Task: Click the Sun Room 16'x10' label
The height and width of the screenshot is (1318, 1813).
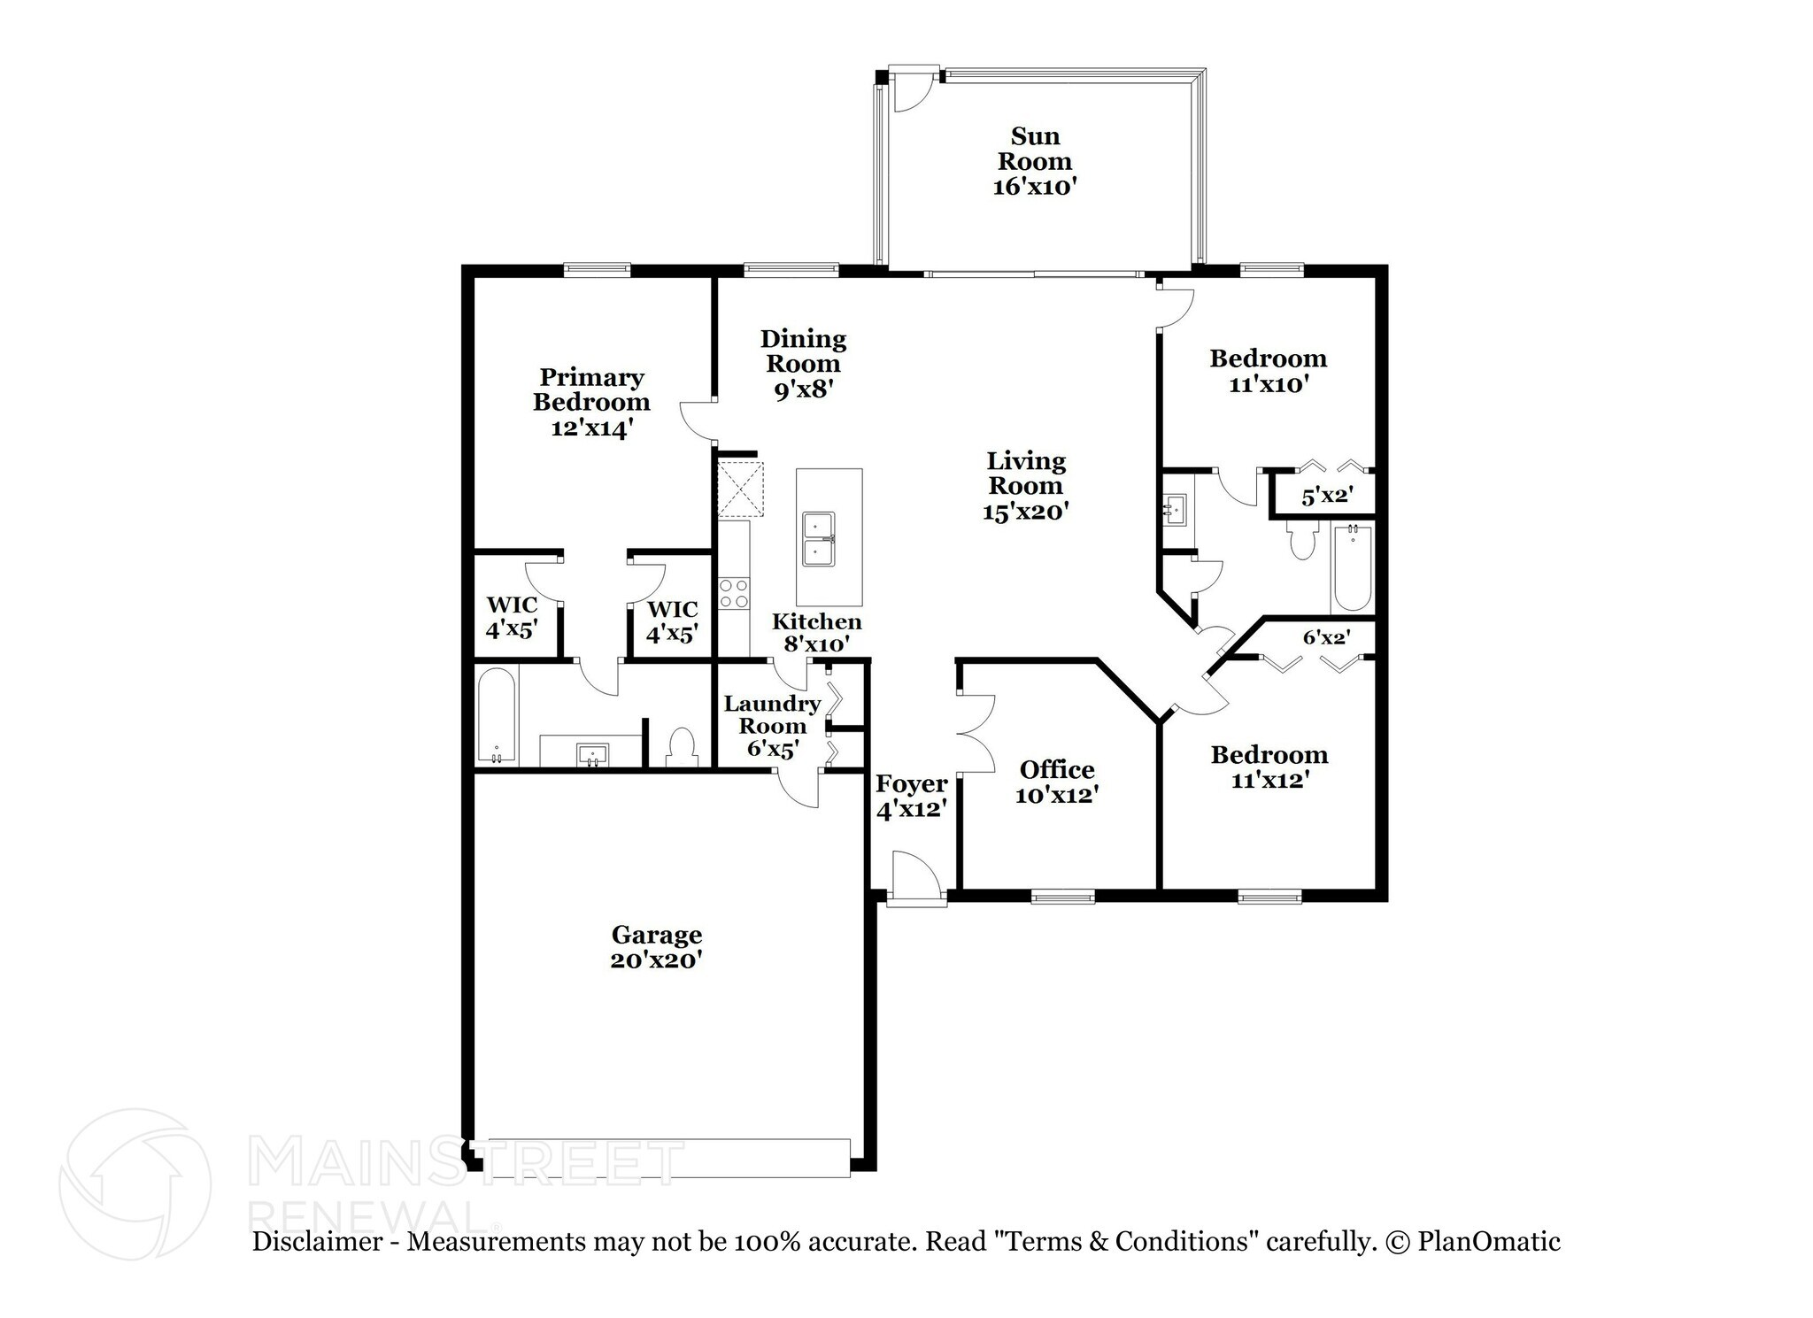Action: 1034,161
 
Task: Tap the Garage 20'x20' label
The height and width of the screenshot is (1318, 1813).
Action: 656,947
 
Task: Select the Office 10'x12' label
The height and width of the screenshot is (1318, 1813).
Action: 1056,782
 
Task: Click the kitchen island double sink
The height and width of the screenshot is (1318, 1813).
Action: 818,538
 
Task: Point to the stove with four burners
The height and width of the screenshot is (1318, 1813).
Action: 733,593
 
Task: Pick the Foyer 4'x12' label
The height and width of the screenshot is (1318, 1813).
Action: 911,797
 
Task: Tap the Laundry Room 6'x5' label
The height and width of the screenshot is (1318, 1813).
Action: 772,726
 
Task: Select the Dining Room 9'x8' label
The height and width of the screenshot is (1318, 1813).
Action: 803,364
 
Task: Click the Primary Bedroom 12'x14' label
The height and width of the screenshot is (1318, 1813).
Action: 590,403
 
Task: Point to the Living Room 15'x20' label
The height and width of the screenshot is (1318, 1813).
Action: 1026,486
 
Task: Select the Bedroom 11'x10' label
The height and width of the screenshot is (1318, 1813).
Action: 1268,371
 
